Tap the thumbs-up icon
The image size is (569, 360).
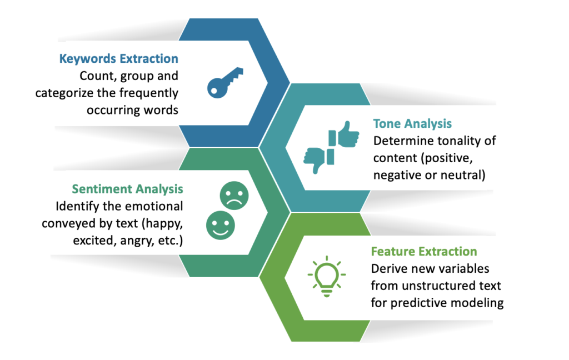(x=344, y=134)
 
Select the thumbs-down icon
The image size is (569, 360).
(x=318, y=159)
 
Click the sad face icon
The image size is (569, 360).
(x=234, y=196)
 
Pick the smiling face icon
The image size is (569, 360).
(x=220, y=226)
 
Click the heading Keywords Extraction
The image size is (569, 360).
(x=119, y=58)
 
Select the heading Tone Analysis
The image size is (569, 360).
(x=412, y=123)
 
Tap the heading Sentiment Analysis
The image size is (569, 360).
(x=127, y=189)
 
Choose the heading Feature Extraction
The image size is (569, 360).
(x=424, y=252)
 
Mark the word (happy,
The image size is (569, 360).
(x=162, y=223)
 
